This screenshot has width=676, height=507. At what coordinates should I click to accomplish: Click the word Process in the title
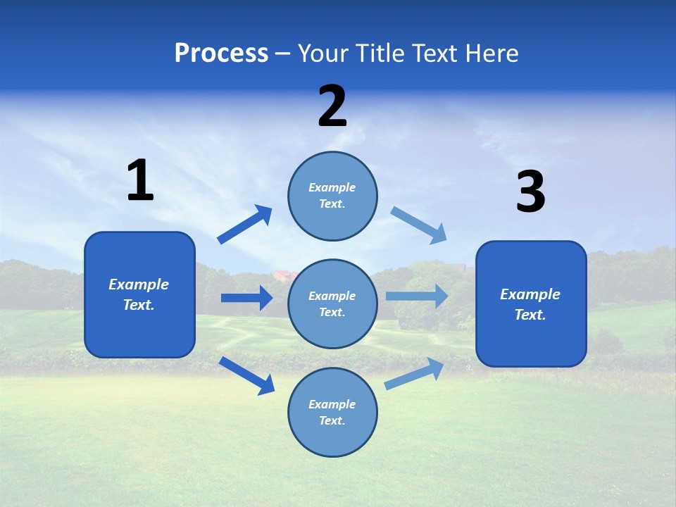[221, 54]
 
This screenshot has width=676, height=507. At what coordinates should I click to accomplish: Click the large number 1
[140, 181]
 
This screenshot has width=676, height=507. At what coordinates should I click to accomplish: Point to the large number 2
[332, 106]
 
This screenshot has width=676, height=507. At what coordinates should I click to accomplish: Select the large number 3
[530, 192]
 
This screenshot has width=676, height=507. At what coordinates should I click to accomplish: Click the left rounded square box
[139, 294]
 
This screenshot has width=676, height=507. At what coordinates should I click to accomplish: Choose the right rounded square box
[531, 303]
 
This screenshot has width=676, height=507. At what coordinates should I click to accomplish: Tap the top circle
[332, 196]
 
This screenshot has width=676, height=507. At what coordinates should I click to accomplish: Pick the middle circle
[332, 303]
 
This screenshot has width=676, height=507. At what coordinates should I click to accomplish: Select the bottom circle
[332, 412]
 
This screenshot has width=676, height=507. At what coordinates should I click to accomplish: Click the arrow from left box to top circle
[245, 225]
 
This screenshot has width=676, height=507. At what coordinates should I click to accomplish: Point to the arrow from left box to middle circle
[246, 298]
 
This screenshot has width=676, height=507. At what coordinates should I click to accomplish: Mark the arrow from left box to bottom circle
[247, 375]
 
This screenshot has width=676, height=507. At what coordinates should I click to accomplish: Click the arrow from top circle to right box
[419, 225]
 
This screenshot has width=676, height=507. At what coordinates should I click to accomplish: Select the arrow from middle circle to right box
[417, 296]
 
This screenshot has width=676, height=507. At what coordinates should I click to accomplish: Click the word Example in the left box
[139, 284]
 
